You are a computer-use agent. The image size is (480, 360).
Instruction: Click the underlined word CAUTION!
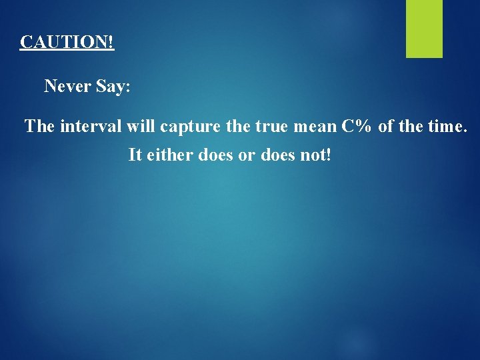67,42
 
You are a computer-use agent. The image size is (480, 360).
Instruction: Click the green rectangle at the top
425,28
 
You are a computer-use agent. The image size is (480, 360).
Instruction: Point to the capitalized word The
39,126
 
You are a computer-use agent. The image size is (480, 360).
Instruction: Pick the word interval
91,126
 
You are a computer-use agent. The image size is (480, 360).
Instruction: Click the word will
141,126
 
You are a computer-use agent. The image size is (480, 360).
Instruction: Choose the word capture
186,127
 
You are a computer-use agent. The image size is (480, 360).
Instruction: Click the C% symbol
357,126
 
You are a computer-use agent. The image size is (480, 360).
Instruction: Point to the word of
387,126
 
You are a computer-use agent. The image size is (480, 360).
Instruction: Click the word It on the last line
136,155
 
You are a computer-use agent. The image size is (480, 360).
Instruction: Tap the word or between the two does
245,155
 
